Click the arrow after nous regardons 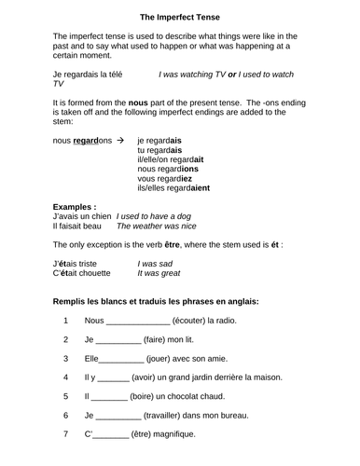point(119,139)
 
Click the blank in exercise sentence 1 point(139,322)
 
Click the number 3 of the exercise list point(65,358)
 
